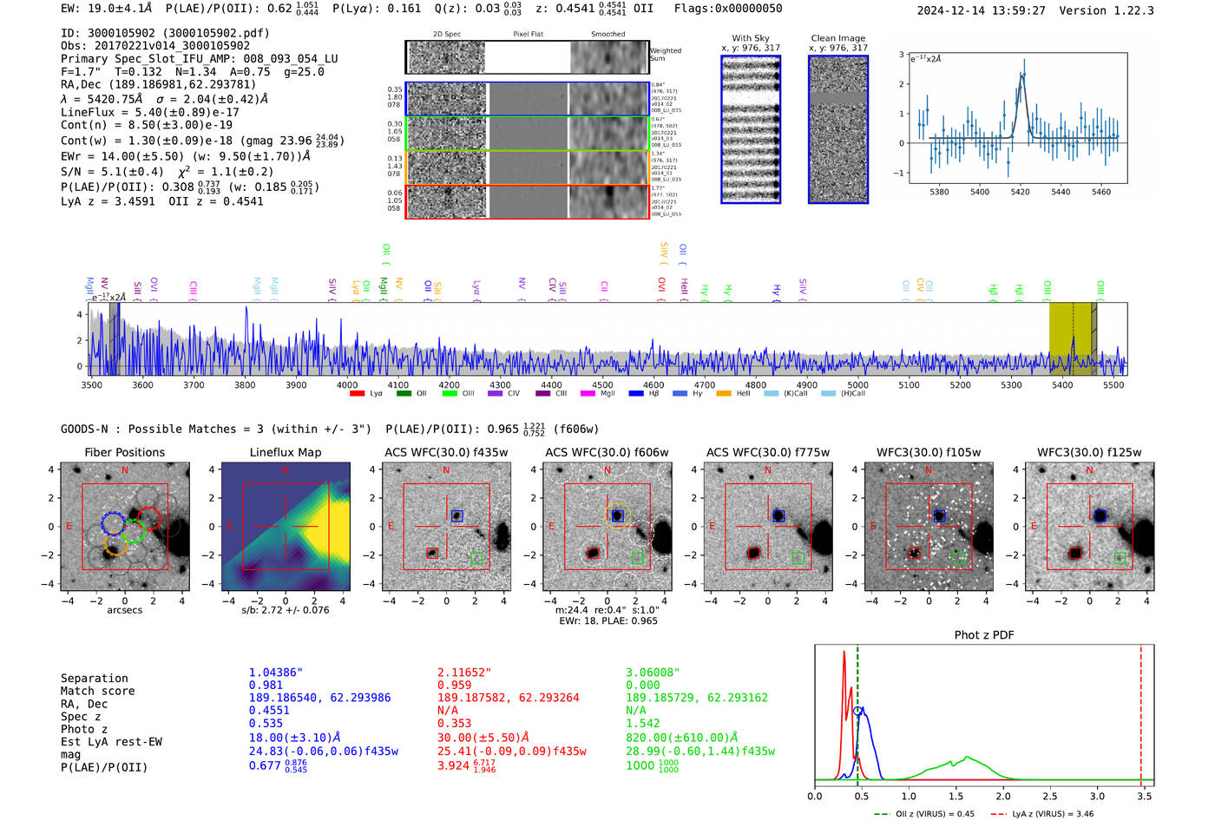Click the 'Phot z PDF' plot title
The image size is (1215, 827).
pyautogui.click(x=984, y=635)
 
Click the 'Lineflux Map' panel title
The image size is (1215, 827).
pyautogui.click(x=286, y=452)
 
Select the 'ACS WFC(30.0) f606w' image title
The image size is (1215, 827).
pyautogui.click(x=607, y=452)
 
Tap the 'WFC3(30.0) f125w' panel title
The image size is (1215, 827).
pyautogui.click(x=1089, y=452)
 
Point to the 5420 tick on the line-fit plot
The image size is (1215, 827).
pyautogui.click(x=1020, y=192)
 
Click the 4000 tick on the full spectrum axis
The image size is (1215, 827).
pyautogui.click(x=347, y=384)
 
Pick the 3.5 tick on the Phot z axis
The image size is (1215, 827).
pyautogui.click(x=1145, y=796)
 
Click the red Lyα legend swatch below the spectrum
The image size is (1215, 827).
pyautogui.click(x=357, y=394)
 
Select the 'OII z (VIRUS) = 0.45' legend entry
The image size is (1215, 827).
pyautogui.click(x=923, y=814)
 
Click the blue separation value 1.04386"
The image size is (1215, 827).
pyautogui.click(x=276, y=673)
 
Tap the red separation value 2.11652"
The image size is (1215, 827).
pyautogui.click(x=464, y=673)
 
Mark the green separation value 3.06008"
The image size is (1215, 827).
pyautogui.click(x=653, y=673)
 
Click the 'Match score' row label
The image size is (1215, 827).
pyautogui.click(x=97, y=692)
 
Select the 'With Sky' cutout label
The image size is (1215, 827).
pyautogui.click(x=750, y=38)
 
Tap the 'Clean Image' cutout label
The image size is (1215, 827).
pyautogui.click(x=837, y=38)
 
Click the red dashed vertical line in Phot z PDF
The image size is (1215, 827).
pyautogui.click(x=1141, y=712)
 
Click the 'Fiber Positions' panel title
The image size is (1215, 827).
pyautogui.click(x=124, y=452)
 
